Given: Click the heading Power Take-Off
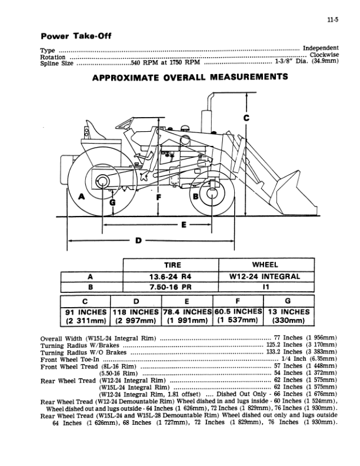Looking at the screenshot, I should [x=76, y=36].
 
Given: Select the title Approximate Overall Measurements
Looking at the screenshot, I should [x=189, y=77].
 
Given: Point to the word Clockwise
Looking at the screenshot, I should [x=323, y=55].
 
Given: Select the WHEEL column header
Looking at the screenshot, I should [x=265, y=265].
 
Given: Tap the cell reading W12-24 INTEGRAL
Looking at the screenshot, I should [x=265, y=277].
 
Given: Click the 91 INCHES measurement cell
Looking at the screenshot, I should [x=85, y=315].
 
